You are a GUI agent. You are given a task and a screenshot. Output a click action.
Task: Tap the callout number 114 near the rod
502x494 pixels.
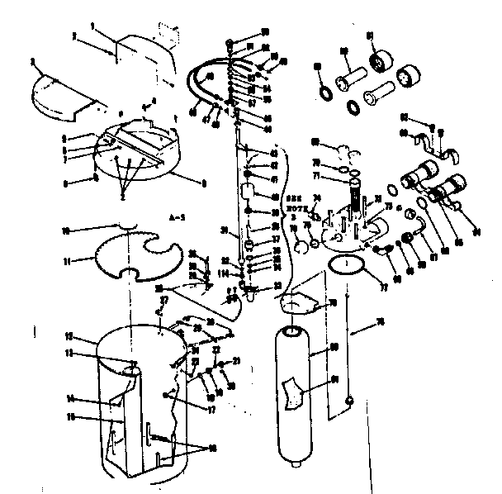coord(224,274)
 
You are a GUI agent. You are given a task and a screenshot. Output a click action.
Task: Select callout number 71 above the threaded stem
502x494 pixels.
coord(315,176)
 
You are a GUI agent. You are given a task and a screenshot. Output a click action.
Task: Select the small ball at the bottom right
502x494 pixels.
coord(349,401)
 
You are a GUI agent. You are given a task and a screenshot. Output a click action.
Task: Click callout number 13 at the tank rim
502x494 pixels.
coord(72,353)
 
